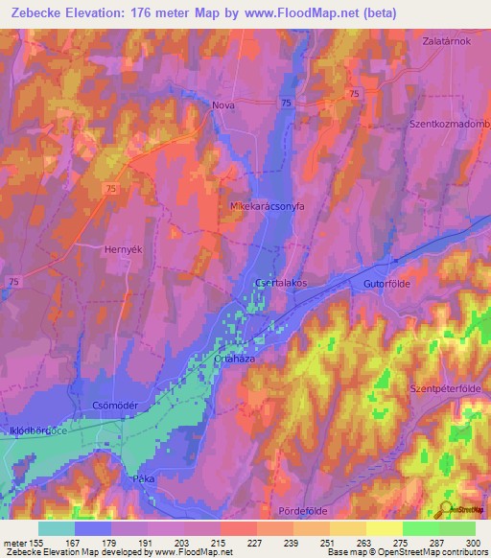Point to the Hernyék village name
(123, 248)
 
